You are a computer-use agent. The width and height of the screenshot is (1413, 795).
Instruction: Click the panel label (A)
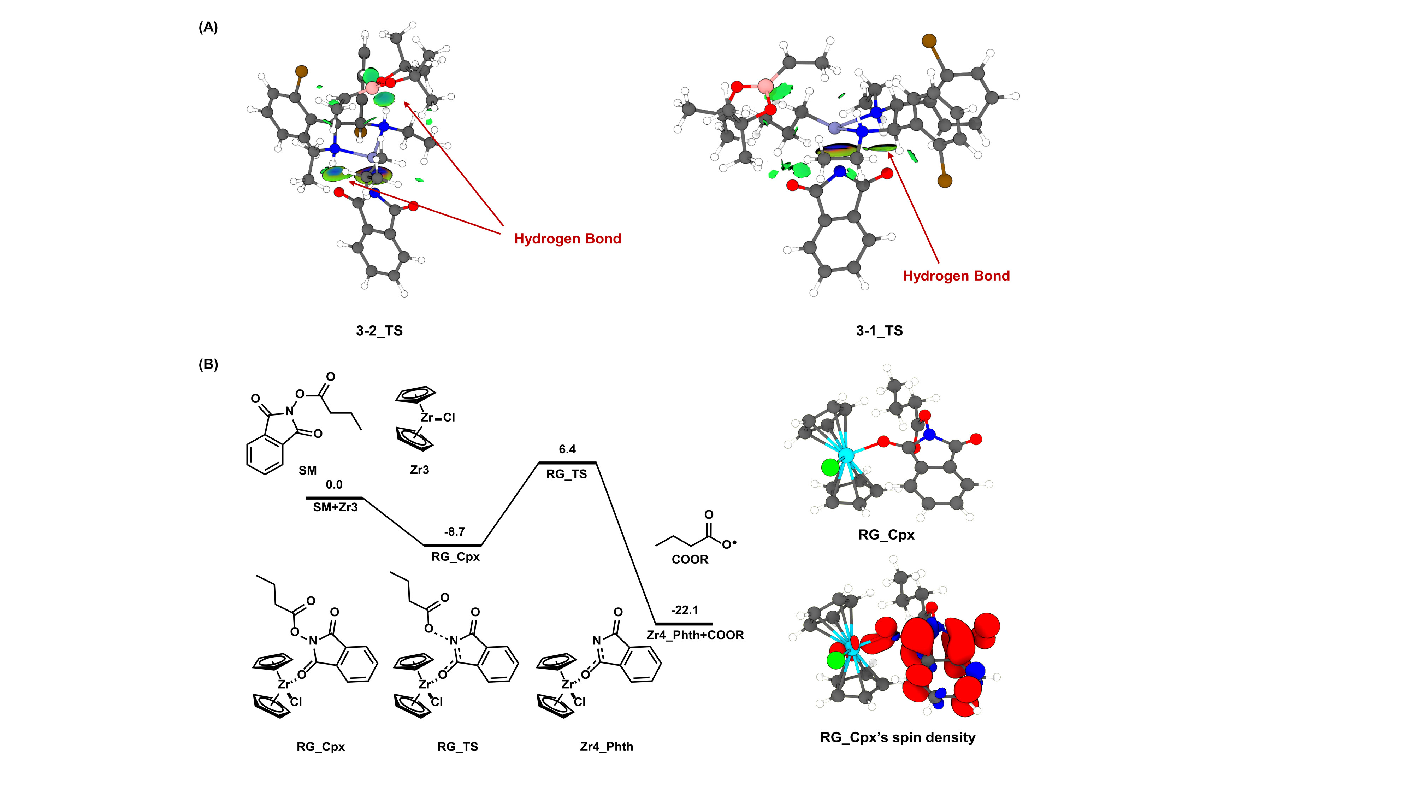click(x=208, y=28)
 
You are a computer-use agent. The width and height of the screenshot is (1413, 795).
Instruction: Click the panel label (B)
click(x=208, y=364)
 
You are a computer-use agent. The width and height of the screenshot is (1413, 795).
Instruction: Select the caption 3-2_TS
click(x=379, y=331)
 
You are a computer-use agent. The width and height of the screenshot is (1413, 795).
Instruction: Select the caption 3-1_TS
click(x=879, y=331)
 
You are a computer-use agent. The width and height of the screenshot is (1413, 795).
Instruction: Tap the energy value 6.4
click(x=567, y=449)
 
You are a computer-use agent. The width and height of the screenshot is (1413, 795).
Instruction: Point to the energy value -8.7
click(x=454, y=532)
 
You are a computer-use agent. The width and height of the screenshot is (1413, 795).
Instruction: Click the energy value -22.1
click(x=685, y=610)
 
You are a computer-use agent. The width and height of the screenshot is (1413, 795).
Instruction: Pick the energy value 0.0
click(x=334, y=484)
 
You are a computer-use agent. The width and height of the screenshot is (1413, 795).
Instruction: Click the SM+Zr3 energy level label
click(x=335, y=507)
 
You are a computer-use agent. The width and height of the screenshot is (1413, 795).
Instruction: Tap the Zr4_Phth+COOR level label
click(x=695, y=635)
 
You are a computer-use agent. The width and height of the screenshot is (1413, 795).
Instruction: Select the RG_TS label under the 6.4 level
click(x=567, y=474)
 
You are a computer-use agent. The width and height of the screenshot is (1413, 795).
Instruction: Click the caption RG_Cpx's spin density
click(x=897, y=737)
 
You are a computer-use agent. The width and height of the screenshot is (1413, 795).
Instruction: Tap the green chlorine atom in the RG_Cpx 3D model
click(x=830, y=467)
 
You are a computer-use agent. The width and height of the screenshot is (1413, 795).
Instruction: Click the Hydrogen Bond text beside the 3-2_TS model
click(x=567, y=238)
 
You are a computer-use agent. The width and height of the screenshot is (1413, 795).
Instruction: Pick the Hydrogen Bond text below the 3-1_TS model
click(x=956, y=276)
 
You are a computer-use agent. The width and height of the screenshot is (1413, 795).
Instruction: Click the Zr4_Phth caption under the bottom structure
click(x=606, y=747)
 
